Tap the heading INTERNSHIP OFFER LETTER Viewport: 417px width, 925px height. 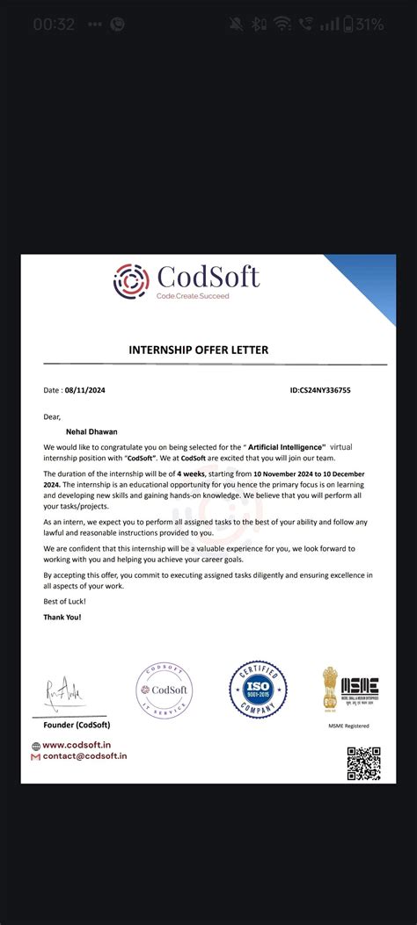[x=199, y=350]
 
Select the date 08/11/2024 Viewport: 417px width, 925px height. [x=85, y=389]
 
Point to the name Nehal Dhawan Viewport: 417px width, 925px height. [x=92, y=431]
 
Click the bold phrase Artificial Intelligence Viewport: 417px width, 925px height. [x=287, y=446]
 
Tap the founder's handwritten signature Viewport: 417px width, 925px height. [x=65, y=694]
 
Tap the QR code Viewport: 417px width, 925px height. [x=363, y=762]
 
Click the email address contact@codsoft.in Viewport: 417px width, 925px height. [x=84, y=755]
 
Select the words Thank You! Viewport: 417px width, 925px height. [x=62, y=617]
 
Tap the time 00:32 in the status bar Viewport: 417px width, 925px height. [x=54, y=25]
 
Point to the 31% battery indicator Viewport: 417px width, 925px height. [x=362, y=25]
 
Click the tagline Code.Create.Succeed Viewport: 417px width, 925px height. [x=193, y=296]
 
